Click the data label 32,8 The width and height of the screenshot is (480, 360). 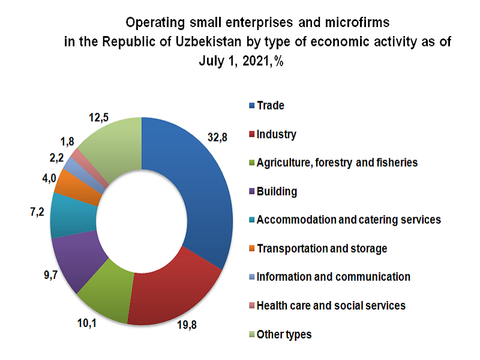(x=217, y=137)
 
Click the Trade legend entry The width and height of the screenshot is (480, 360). (x=270, y=106)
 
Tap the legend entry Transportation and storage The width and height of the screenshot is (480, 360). (x=321, y=248)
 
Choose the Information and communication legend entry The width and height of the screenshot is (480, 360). (x=333, y=277)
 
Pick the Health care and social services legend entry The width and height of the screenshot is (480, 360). (x=331, y=305)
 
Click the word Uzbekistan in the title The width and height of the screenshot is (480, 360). (x=225, y=43)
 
